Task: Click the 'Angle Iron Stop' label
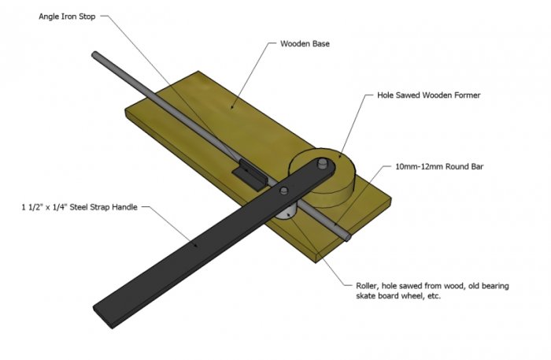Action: pos(67,17)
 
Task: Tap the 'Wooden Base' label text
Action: pos(305,43)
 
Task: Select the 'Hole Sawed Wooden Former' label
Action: pos(428,95)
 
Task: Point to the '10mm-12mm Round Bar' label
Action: pos(439,166)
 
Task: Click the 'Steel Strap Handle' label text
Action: pos(103,207)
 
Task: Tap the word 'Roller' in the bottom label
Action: pos(367,286)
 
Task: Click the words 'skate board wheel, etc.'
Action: pos(398,295)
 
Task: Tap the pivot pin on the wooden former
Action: pos(322,164)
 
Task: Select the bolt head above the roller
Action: pos(284,191)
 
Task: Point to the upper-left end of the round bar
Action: pos(94,54)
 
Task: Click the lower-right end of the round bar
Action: pos(348,237)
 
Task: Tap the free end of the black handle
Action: pos(102,317)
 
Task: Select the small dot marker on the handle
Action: pos(196,246)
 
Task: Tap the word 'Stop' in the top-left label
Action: pos(87,17)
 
